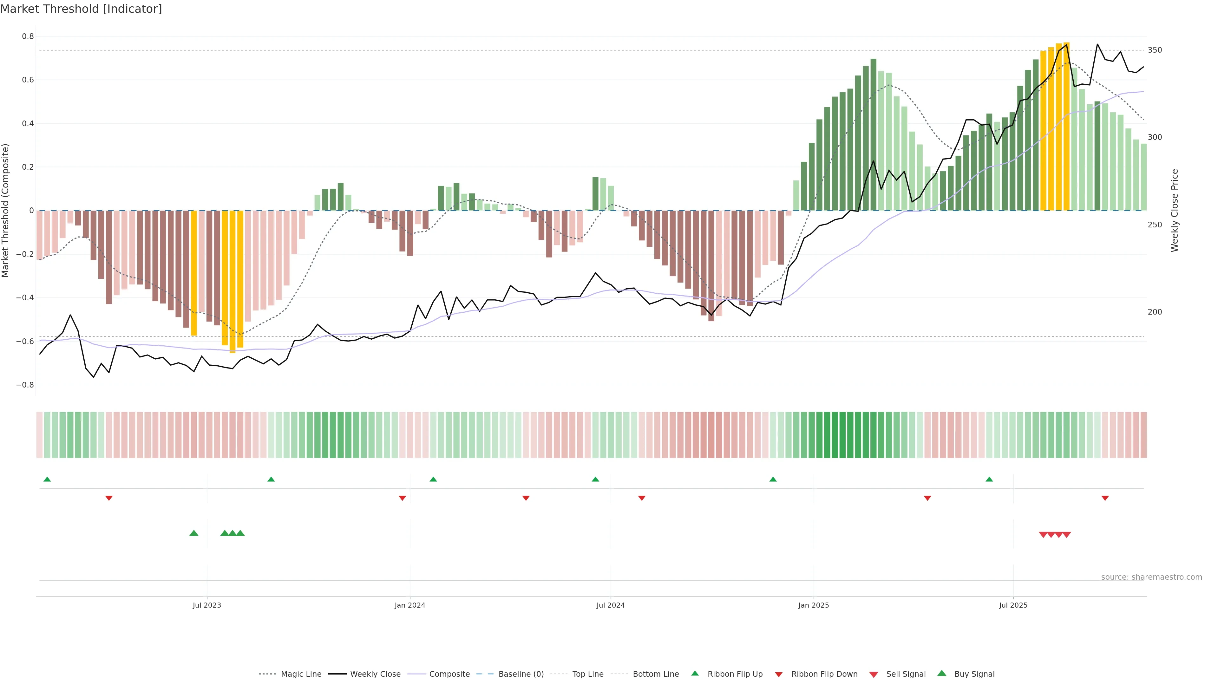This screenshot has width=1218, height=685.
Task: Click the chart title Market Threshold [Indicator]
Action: click(81, 9)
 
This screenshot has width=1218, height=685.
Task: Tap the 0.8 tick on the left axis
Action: click(28, 36)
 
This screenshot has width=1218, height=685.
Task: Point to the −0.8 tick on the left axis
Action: click(25, 385)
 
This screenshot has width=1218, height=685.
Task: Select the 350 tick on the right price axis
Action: click(1154, 50)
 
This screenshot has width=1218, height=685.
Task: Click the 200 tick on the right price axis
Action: click(1154, 312)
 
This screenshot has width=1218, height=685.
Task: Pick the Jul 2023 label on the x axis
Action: click(206, 605)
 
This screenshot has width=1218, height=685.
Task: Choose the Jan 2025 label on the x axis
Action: click(813, 605)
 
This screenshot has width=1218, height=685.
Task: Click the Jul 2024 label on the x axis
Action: click(610, 605)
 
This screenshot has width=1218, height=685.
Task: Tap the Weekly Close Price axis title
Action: click(1175, 210)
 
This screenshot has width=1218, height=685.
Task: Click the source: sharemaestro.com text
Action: click(1151, 577)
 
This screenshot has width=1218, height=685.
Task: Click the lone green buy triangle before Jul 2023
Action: click(194, 533)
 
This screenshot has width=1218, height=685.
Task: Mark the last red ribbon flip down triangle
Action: click(1105, 498)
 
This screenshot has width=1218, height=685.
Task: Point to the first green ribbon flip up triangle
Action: click(47, 480)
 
